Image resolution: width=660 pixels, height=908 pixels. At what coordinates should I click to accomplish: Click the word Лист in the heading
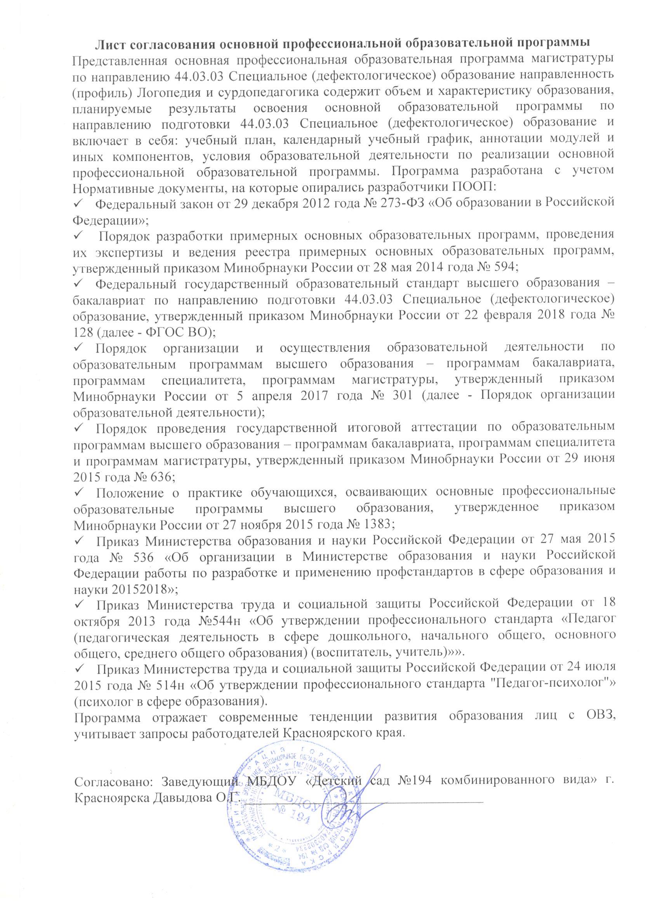(x=113, y=43)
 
